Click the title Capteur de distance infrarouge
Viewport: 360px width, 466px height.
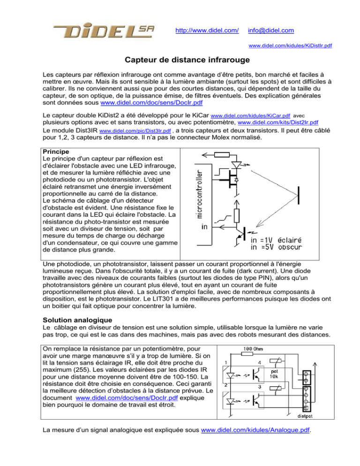point(180,60)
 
